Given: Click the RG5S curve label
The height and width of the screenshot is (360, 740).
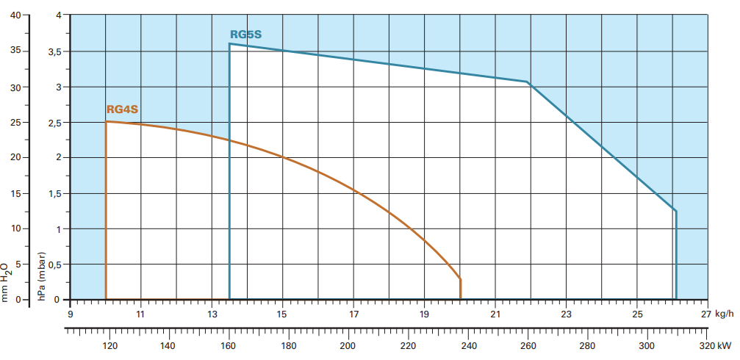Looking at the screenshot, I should click(245, 34).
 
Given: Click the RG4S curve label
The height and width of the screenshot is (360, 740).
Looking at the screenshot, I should click(122, 110).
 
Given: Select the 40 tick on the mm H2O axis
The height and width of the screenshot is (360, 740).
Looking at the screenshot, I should click(15, 15).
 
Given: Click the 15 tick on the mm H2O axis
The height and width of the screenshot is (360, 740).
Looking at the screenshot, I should click(15, 193).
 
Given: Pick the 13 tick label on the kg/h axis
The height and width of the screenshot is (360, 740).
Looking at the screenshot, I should click(212, 314).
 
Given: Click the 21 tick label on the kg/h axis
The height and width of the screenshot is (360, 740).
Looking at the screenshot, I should click(495, 314).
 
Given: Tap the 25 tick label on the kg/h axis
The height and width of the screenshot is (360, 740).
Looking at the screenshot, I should click(637, 314).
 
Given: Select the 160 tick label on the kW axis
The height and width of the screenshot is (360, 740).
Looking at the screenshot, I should click(229, 346).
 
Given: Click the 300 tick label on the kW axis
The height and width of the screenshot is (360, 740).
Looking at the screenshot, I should click(647, 346).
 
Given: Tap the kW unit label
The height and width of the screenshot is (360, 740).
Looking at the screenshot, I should click(725, 346).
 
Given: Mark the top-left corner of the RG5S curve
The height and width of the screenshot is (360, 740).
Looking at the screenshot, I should click(229, 43).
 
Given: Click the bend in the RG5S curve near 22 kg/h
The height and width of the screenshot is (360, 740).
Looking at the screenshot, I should click(527, 82).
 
